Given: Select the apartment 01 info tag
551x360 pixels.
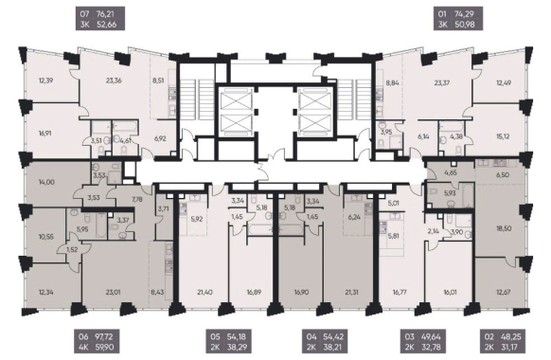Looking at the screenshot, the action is pos(458,19).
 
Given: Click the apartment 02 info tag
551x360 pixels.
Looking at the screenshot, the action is pos(505,342).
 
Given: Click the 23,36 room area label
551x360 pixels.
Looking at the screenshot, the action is pos(114,81).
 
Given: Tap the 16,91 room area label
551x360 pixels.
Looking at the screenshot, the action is pos(46,134).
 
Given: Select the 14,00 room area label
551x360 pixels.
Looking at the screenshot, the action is pos(46,182).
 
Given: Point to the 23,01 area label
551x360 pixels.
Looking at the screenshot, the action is pos(114,292).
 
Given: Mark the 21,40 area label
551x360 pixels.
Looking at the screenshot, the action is pos(204,292).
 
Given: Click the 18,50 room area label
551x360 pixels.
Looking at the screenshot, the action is pos(504,228).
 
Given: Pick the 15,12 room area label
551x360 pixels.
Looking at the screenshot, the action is pos(503,136).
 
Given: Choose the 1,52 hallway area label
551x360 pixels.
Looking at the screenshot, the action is pos(72,250).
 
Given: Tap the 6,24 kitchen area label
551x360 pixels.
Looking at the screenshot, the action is pos(354,218).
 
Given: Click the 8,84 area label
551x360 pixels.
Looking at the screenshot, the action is pos(392,83).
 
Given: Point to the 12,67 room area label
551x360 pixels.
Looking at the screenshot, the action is pos(504,292).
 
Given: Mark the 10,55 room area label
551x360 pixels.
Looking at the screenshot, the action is pos(46,237).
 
